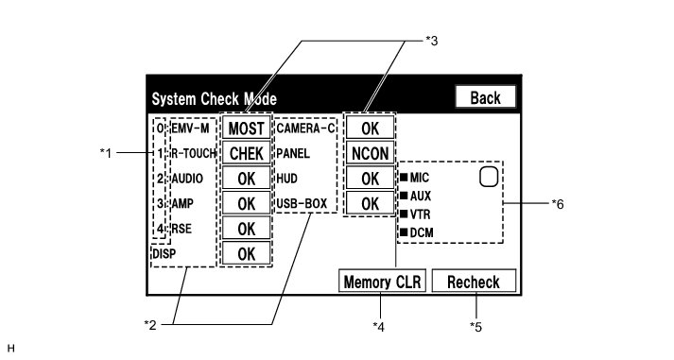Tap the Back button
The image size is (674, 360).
click(x=485, y=97)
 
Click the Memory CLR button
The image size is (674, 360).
click(x=382, y=282)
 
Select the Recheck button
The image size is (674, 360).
click(x=474, y=282)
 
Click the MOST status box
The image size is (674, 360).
click(x=247, y=128)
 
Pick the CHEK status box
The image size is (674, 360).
click(x=247, y=153)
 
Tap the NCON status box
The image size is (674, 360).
click(x=371, y=153)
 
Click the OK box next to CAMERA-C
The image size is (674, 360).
click(x=371, y=128)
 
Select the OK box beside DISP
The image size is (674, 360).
click(x=247, y=253)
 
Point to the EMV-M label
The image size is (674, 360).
click(x=190, y=128)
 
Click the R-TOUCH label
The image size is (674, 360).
click(x=194, y=153)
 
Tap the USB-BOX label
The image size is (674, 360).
click(x=302, y=203)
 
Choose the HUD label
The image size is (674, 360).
click(x=286, y=179)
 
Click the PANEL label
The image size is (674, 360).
click(x=293, y=153)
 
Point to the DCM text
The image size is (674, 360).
click(x=422, y=232)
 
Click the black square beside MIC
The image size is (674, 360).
click(x=404, y=177)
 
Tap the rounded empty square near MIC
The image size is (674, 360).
click(x=489, y=177)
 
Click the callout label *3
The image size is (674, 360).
click(x=432, y=41)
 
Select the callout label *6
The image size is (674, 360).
click(x=558, y=204)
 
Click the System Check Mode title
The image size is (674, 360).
click(x=214, y=99)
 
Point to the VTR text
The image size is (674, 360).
click(x=420, y=214)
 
